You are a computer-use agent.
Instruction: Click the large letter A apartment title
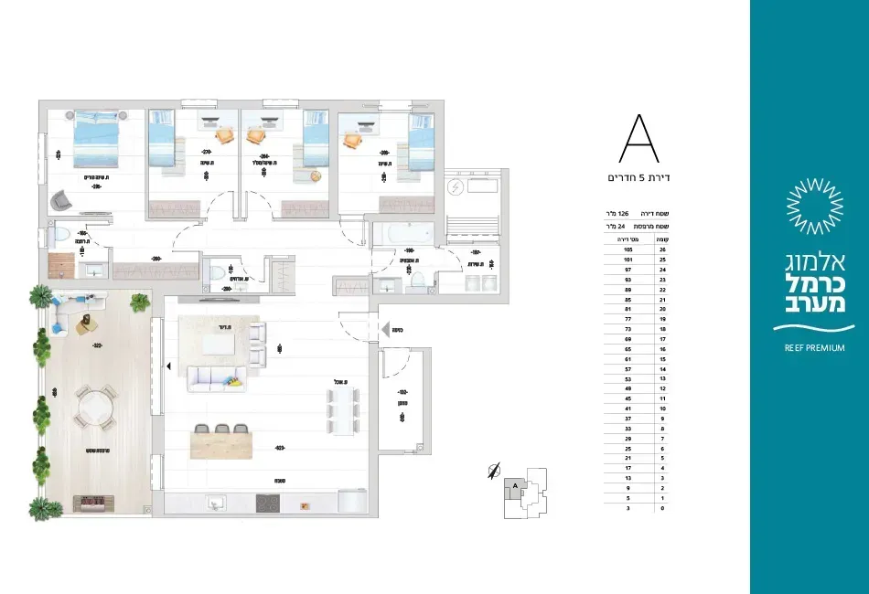click(x=639, y=141)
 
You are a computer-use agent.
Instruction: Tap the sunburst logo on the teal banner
click(x=809, y=206)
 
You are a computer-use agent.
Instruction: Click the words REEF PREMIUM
click(x=809, y=348)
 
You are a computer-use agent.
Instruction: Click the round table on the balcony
click(x=96, y=408)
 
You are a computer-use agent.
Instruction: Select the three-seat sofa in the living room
click(x=217, y=378)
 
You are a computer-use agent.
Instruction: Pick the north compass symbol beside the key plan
click(x=495, y=471)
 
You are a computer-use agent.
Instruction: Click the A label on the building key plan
click(x=516, y=485)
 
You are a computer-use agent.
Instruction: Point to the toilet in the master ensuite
click(x=60, y=236)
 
